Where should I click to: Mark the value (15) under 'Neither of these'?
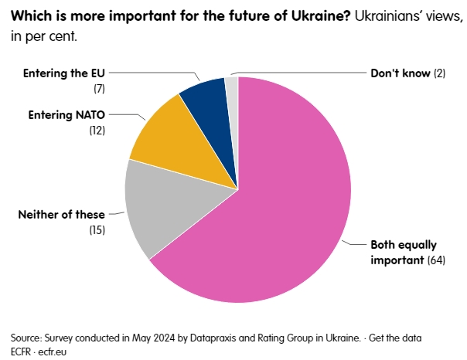pyautogui.click(x=97, y=229)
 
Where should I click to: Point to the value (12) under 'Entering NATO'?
pyautogui.click(x=97, y=131)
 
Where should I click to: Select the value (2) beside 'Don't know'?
pyautogui.click(x=440, y=74)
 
